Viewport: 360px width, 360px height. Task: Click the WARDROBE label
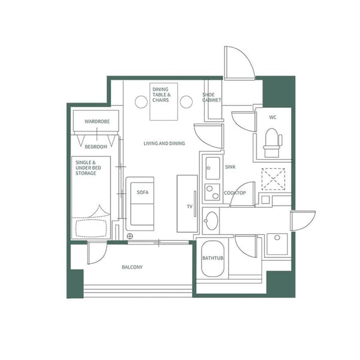pos(96,122)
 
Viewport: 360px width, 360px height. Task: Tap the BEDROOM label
pos(96,147)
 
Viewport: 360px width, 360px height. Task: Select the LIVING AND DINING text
pos(164,143)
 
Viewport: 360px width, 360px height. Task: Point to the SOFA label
pos(142,193)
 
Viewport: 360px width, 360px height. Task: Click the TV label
pos(189,206)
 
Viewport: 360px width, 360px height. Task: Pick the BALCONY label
pos(132,267)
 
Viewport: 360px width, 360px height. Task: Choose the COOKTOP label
pos(235,193)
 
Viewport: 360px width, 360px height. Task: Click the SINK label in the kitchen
pos(230,167)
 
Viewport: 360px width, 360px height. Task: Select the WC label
pos(273,117)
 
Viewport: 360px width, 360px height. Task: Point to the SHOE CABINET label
pos(212,97)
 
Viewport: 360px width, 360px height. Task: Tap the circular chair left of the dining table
pos(141,102)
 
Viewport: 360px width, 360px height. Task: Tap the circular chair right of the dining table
pos(187,102)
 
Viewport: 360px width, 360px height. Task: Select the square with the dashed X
pos(273,179)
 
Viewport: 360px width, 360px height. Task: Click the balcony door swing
pos(96,253)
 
